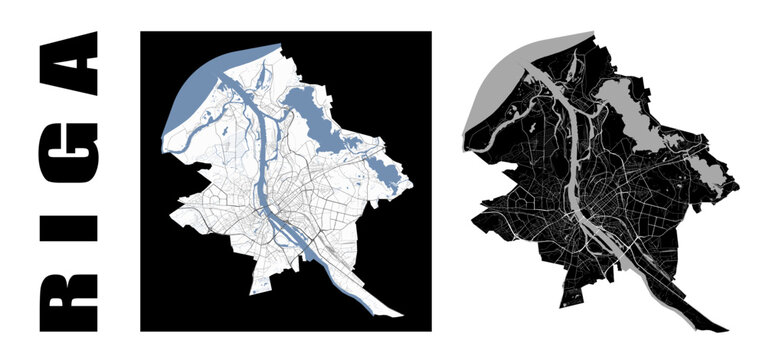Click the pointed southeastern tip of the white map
(402, 318)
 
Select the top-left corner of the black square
(141, 31)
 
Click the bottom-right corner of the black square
(431, 330)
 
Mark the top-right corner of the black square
(431, 31)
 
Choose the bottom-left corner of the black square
(141, 330)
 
